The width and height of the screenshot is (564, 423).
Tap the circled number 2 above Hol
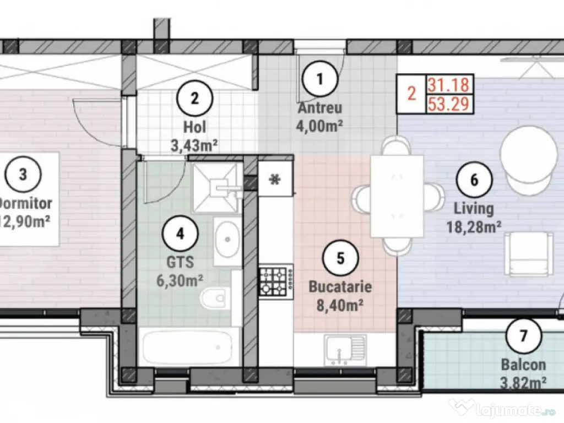pos(194,99)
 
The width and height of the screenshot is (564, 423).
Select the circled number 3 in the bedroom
pos(23,175)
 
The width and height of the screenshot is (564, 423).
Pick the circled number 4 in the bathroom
pos(179,234)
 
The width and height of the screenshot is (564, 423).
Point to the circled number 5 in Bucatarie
pos(340,258)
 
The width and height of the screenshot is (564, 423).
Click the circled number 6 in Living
pos(474,180)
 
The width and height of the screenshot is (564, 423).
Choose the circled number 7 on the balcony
pos(523,334)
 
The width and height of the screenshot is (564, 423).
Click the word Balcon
pos(523,365)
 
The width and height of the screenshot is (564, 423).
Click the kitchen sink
pos(345,349)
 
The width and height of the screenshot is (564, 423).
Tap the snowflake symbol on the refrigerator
pos(274,179)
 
